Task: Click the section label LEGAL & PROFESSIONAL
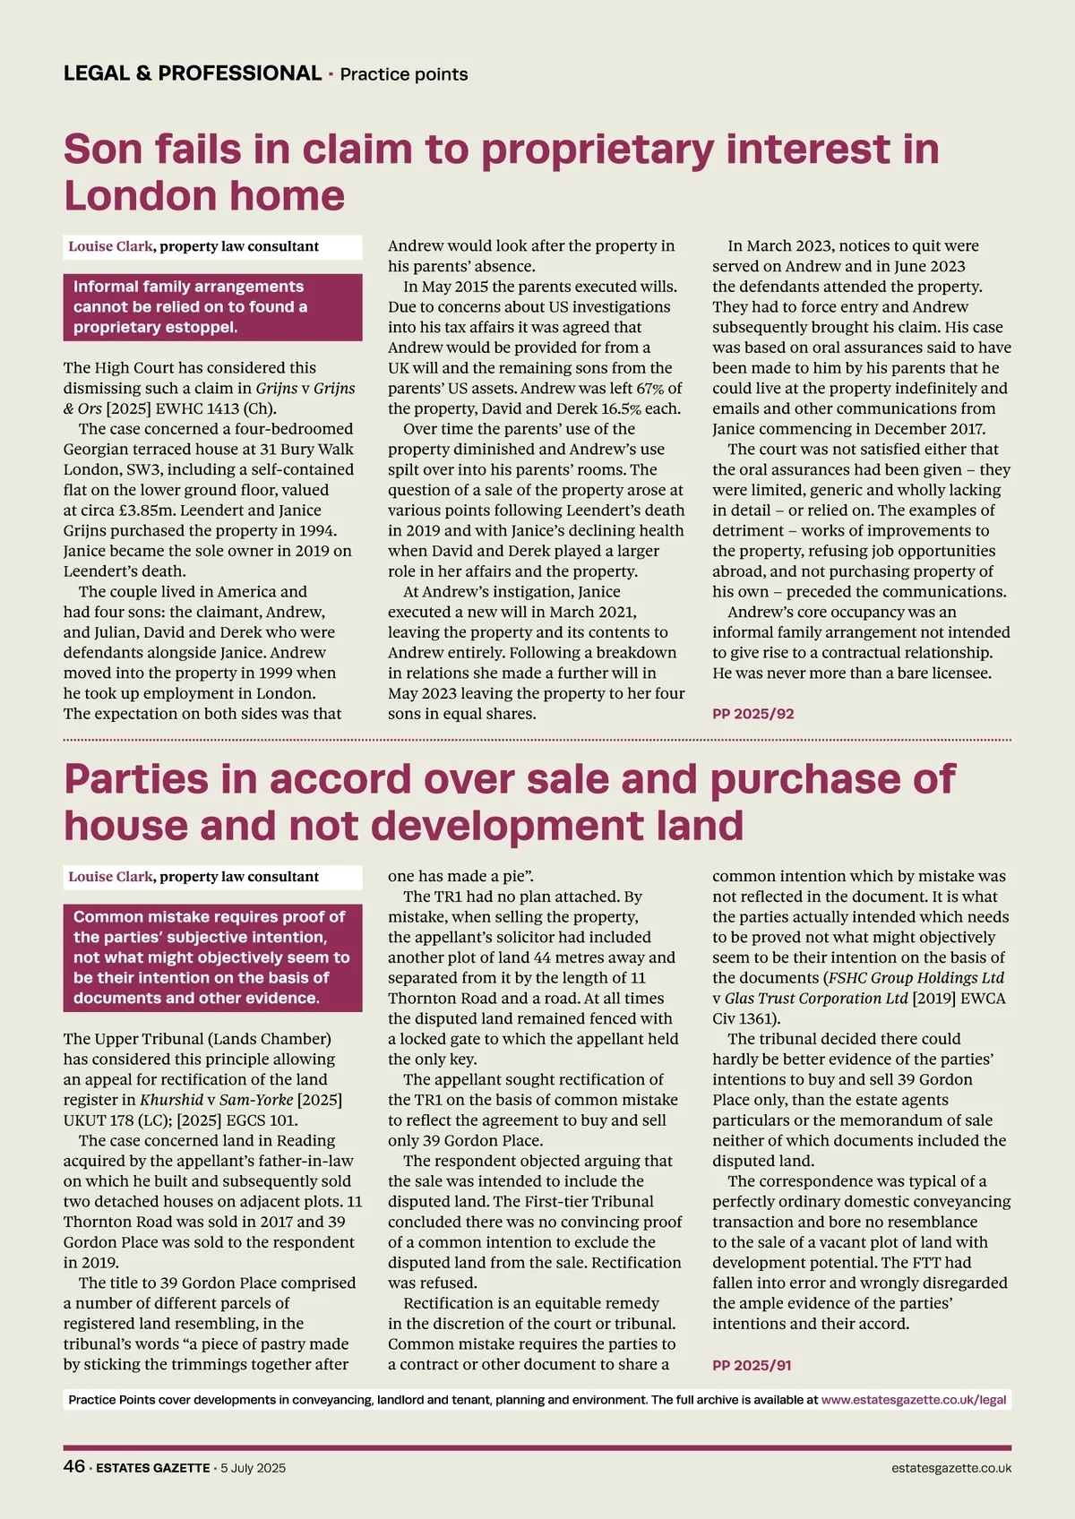[192, 73]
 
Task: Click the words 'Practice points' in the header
[404, 74]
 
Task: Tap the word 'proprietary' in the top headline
[598, 149]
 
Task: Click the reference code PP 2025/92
[753, 714]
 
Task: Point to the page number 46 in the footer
[73, 1467]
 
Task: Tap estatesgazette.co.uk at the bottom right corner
[951, 1468]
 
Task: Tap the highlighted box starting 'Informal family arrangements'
[212, 306]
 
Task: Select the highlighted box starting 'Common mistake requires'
[212, 957]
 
